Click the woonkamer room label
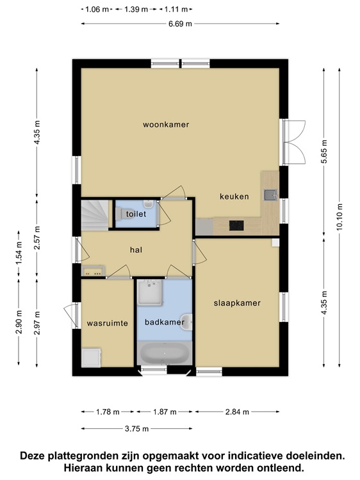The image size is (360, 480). pos(166,125)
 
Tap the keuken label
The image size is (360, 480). pos(234,196)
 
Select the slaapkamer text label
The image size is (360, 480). pos(237,303)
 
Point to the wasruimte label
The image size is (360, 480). pos(107,323)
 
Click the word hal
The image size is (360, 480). pos(136,250)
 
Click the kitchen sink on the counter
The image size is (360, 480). pos(270,195)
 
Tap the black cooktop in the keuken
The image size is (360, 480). pos(236,226)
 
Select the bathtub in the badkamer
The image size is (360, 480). pos(165,353)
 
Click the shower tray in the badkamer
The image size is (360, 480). pos(150,292)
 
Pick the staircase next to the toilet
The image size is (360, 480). pos(95,215)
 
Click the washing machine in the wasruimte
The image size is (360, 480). pos(91,358)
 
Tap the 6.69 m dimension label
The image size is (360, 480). pos(180,24)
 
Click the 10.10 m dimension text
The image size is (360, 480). pos(339,217)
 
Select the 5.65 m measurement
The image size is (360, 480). pos(324,152)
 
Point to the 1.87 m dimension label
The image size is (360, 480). pos(165,412)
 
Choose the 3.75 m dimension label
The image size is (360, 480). pos(136,429)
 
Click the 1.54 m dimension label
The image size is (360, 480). pos(19,253)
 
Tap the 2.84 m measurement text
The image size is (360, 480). pos(237,412)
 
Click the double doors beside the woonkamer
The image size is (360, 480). pos(293,141)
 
